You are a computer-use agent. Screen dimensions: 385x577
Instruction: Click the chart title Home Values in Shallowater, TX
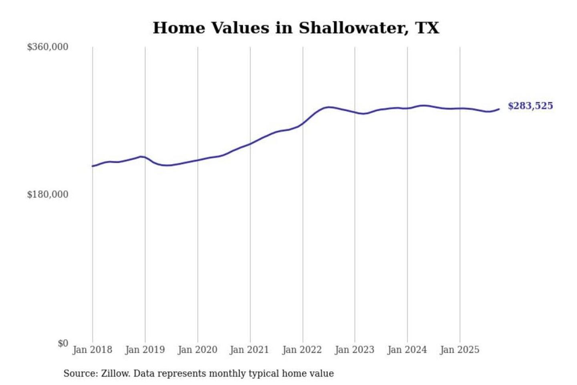(296, 28)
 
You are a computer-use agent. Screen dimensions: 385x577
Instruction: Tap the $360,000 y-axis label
(48, 47)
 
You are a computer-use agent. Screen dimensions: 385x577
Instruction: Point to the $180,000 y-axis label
(48, 195)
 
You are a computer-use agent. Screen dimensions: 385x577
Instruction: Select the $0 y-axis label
(63, 343)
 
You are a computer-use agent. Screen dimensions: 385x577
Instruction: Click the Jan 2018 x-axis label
(92, 350)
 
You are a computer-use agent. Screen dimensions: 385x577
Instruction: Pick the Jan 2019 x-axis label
(145, 350)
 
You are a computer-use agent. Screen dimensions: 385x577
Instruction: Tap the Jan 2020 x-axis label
(197, 350)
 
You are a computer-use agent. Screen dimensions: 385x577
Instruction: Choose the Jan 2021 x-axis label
(249, 350)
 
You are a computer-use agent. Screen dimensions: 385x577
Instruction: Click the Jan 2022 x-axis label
(302, 350)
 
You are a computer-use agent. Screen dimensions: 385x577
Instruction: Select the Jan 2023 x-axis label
(354, 350)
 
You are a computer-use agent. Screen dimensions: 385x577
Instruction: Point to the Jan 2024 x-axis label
(407, 350)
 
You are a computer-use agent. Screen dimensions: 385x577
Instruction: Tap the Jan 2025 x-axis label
(459, 350)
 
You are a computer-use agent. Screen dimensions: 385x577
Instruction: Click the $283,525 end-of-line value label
(530, 106)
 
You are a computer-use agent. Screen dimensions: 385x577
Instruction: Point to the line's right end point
(499, 109)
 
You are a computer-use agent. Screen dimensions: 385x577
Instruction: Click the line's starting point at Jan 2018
(93, 166)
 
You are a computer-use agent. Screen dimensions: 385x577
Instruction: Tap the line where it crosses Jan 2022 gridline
(303, 123)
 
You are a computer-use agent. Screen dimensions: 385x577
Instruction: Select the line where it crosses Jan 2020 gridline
(198, 160)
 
